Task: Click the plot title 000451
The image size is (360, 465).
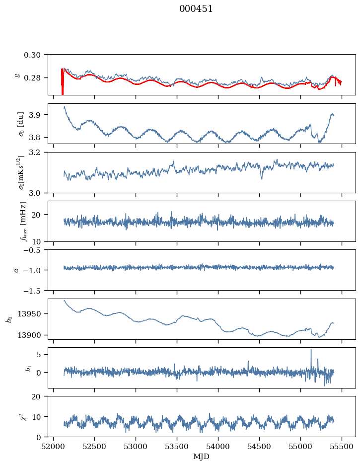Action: (196, 9)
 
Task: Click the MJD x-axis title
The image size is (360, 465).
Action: (202, 456)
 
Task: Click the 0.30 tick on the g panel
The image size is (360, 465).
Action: (35, 54)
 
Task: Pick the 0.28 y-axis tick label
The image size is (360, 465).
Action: (35, 78)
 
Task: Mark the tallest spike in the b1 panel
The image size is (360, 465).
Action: (311, 350)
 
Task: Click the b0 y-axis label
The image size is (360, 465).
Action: (9, 319)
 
